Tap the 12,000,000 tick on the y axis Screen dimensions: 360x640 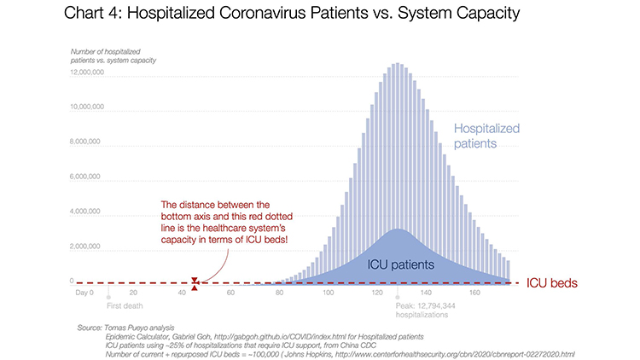tap(87, 73)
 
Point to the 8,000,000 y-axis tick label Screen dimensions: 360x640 tap(88, 142)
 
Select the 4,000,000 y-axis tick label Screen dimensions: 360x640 tap(88, 211)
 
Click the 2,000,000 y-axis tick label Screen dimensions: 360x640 tap(88, 246)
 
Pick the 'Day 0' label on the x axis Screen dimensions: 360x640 tap(85, 293)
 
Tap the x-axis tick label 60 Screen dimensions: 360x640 tap(230, 293)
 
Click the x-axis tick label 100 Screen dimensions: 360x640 tap(327, 293)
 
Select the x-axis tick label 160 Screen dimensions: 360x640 tap(473, 293)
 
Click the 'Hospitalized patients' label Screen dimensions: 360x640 tap(487, 136)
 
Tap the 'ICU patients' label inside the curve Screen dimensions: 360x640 tap(401, 265)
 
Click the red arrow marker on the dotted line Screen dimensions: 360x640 tap(195, 282)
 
